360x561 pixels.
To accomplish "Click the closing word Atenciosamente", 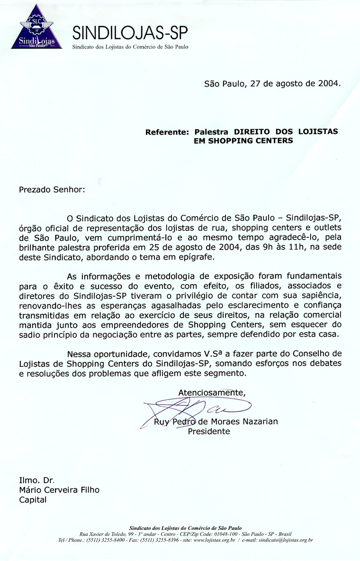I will click(212, 392).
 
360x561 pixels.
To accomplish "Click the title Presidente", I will click(209, 431).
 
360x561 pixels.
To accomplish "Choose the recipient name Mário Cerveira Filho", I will click(59, 490).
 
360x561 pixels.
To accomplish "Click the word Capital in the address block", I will click(33, 500).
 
